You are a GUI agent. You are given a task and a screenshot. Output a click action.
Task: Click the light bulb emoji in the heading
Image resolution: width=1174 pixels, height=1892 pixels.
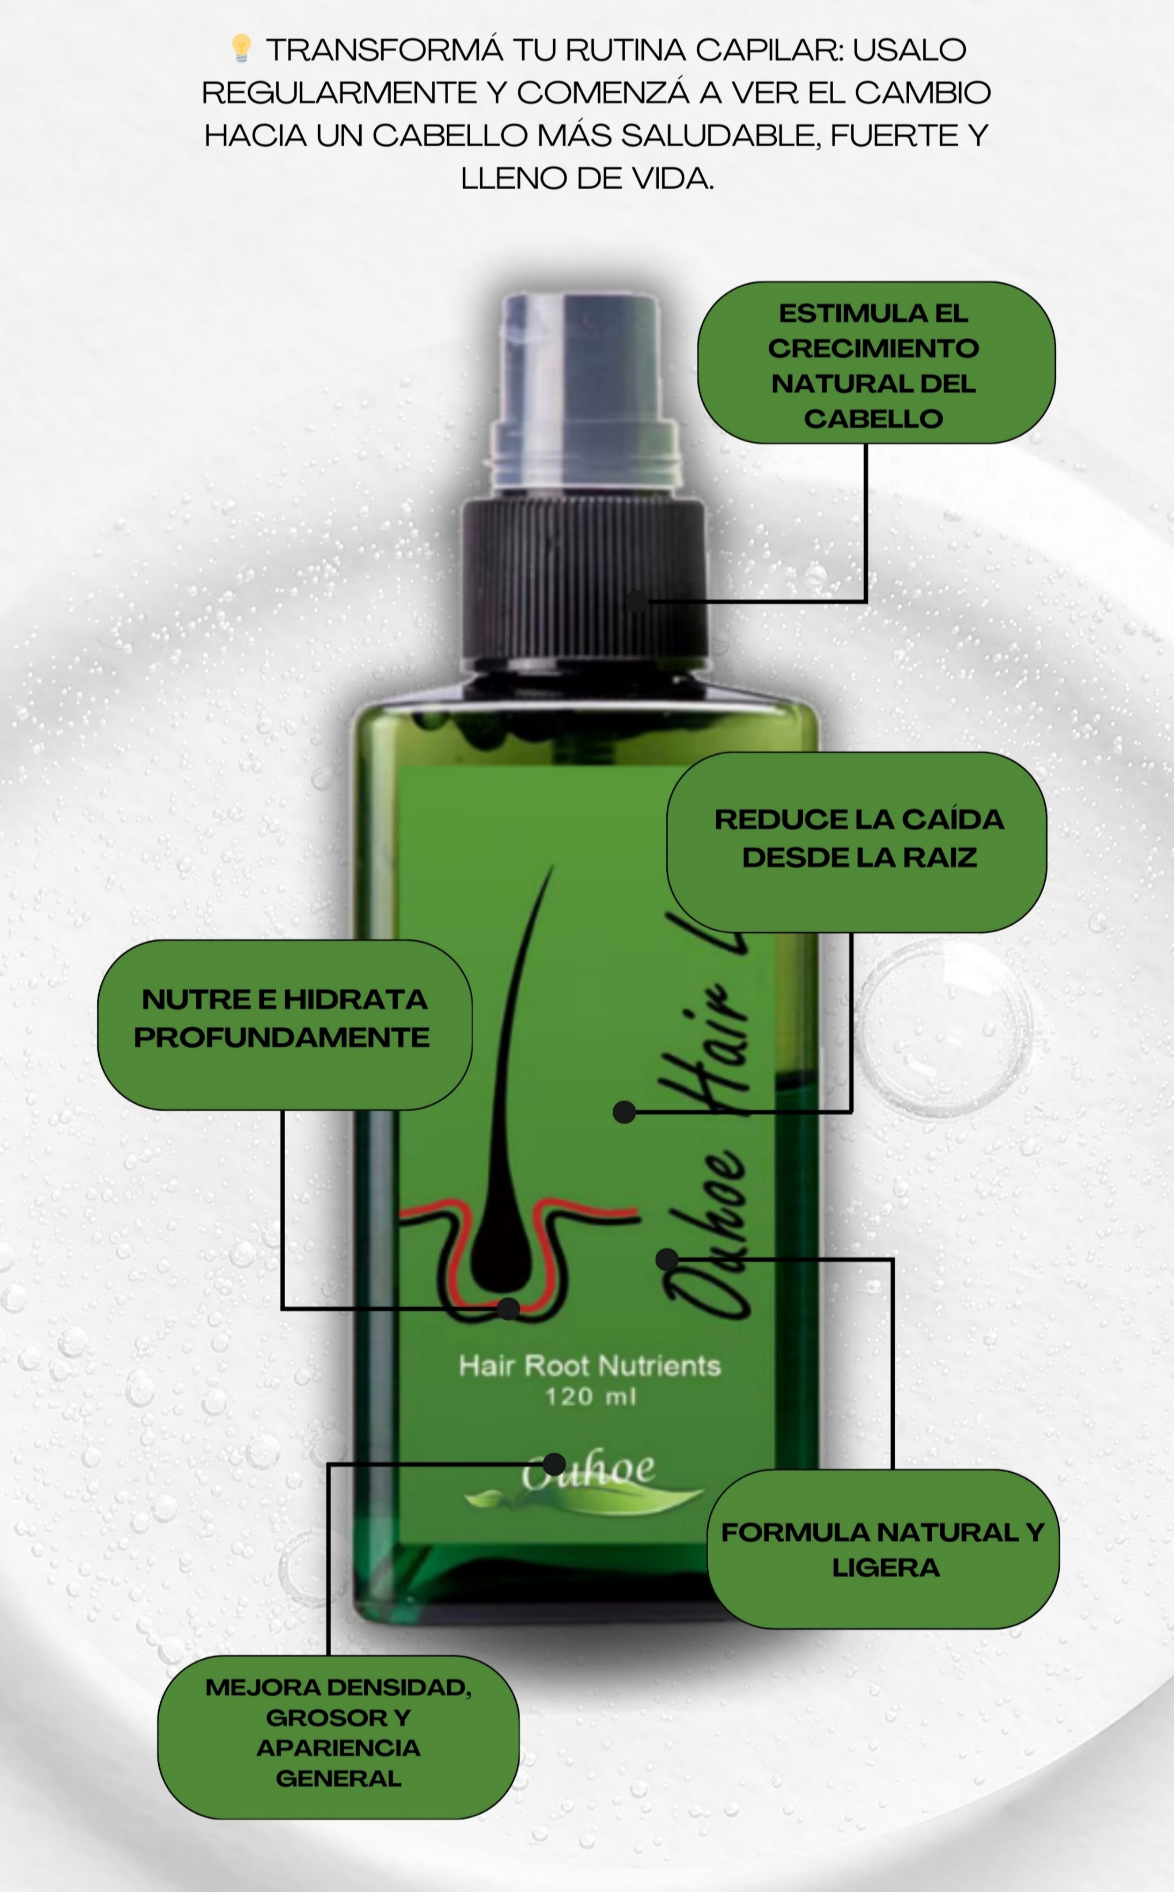241,48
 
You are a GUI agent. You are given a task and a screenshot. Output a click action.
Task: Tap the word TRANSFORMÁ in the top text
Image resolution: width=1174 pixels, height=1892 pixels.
384,50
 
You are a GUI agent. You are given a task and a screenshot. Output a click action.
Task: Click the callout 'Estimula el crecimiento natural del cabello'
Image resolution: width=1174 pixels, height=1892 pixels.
876,362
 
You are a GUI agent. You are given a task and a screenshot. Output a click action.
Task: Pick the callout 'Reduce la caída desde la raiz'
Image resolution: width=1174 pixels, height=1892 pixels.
857,842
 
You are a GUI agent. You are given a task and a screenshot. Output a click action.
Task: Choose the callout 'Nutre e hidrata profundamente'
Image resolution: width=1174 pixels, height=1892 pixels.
284,1024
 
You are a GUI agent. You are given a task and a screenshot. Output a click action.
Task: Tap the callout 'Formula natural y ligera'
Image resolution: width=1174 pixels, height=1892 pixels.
883,1549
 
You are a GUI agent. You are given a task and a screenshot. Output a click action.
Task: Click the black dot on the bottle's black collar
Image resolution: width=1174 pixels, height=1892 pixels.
637,601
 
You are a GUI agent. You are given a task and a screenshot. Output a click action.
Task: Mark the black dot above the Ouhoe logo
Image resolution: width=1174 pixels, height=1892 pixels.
554,1464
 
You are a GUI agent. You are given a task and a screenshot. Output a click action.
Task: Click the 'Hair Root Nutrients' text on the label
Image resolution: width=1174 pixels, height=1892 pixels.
589,1366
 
